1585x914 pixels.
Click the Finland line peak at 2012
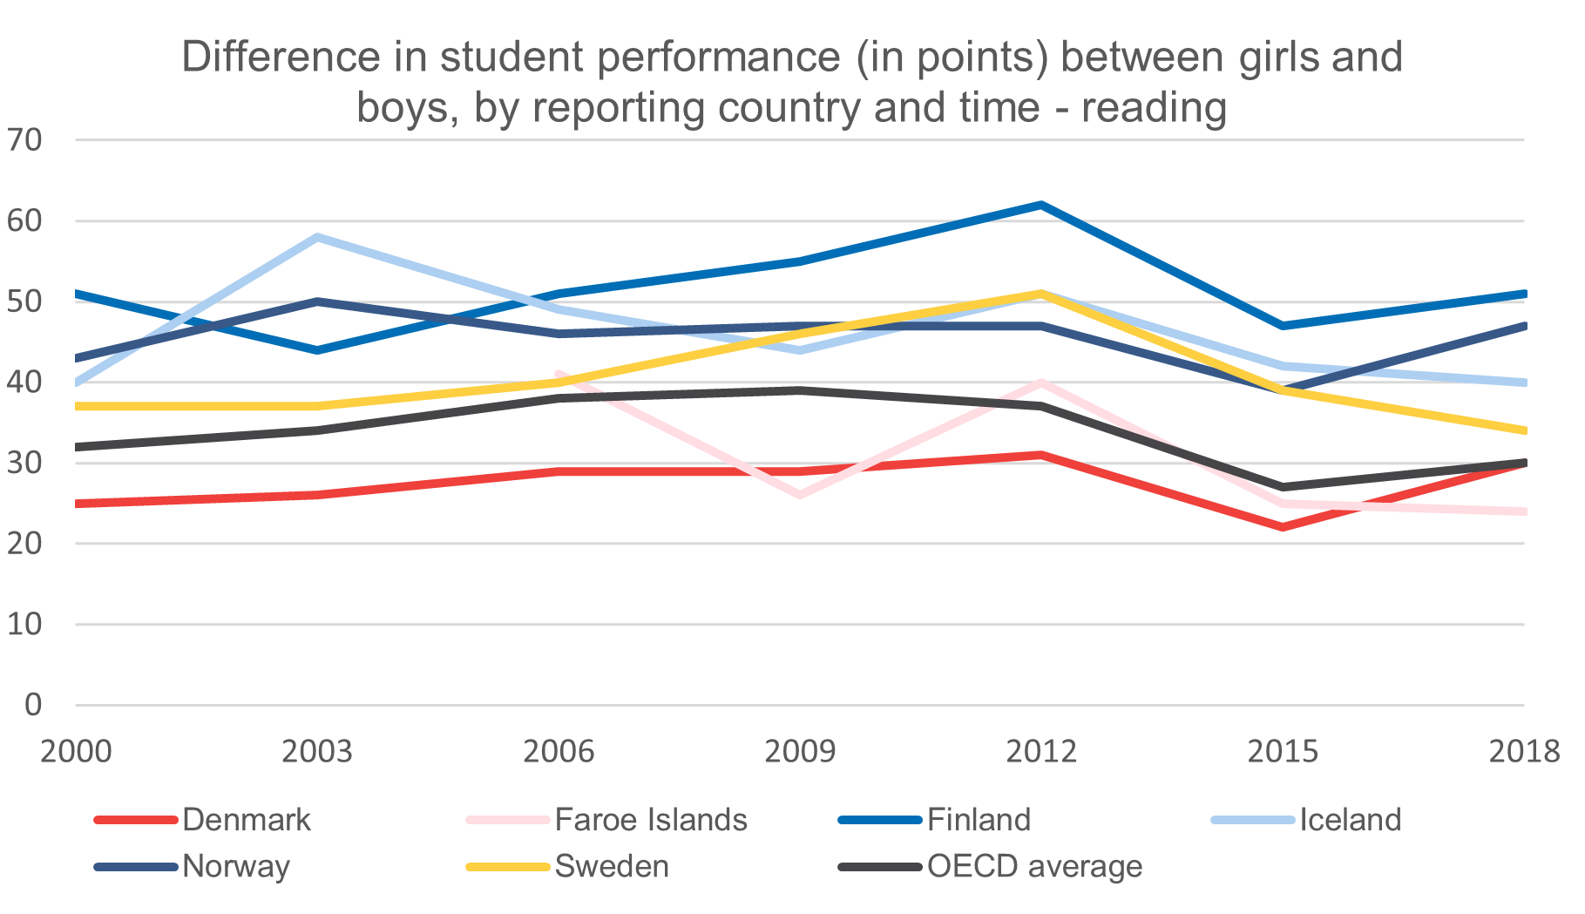1041,205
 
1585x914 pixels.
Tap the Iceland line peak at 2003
318,237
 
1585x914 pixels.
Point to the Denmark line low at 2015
1283,527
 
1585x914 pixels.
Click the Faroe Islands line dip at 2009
800,495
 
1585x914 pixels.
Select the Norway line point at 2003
318,301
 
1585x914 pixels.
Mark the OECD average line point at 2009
800,390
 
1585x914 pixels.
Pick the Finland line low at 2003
318,350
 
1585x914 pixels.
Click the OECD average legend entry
1034,866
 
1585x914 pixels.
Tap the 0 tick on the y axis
33,704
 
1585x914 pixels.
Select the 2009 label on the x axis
800,751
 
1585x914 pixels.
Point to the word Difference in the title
281,58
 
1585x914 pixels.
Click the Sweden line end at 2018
1523,430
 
